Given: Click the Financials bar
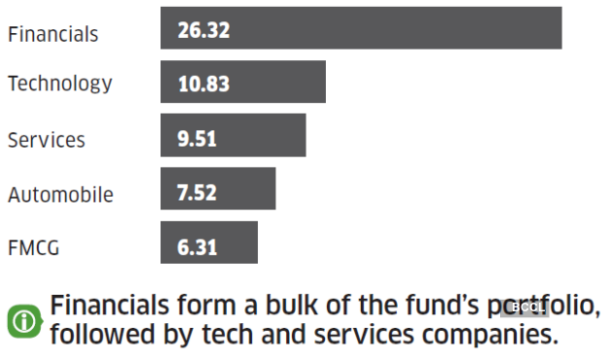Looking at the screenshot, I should coord(361,28).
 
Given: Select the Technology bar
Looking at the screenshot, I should coord(243,82).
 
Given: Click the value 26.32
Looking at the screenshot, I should coord(203,30).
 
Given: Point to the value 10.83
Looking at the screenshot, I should coord(203,84).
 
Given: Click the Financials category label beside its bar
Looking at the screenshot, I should coord(53,34).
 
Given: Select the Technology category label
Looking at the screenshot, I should coord(59,85).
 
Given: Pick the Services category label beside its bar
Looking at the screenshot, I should coord(46,140).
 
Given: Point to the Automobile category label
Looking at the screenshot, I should coord(60,195).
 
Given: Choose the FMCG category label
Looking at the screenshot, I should coord(33,248).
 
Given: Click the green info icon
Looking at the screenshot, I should coord(23,320).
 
